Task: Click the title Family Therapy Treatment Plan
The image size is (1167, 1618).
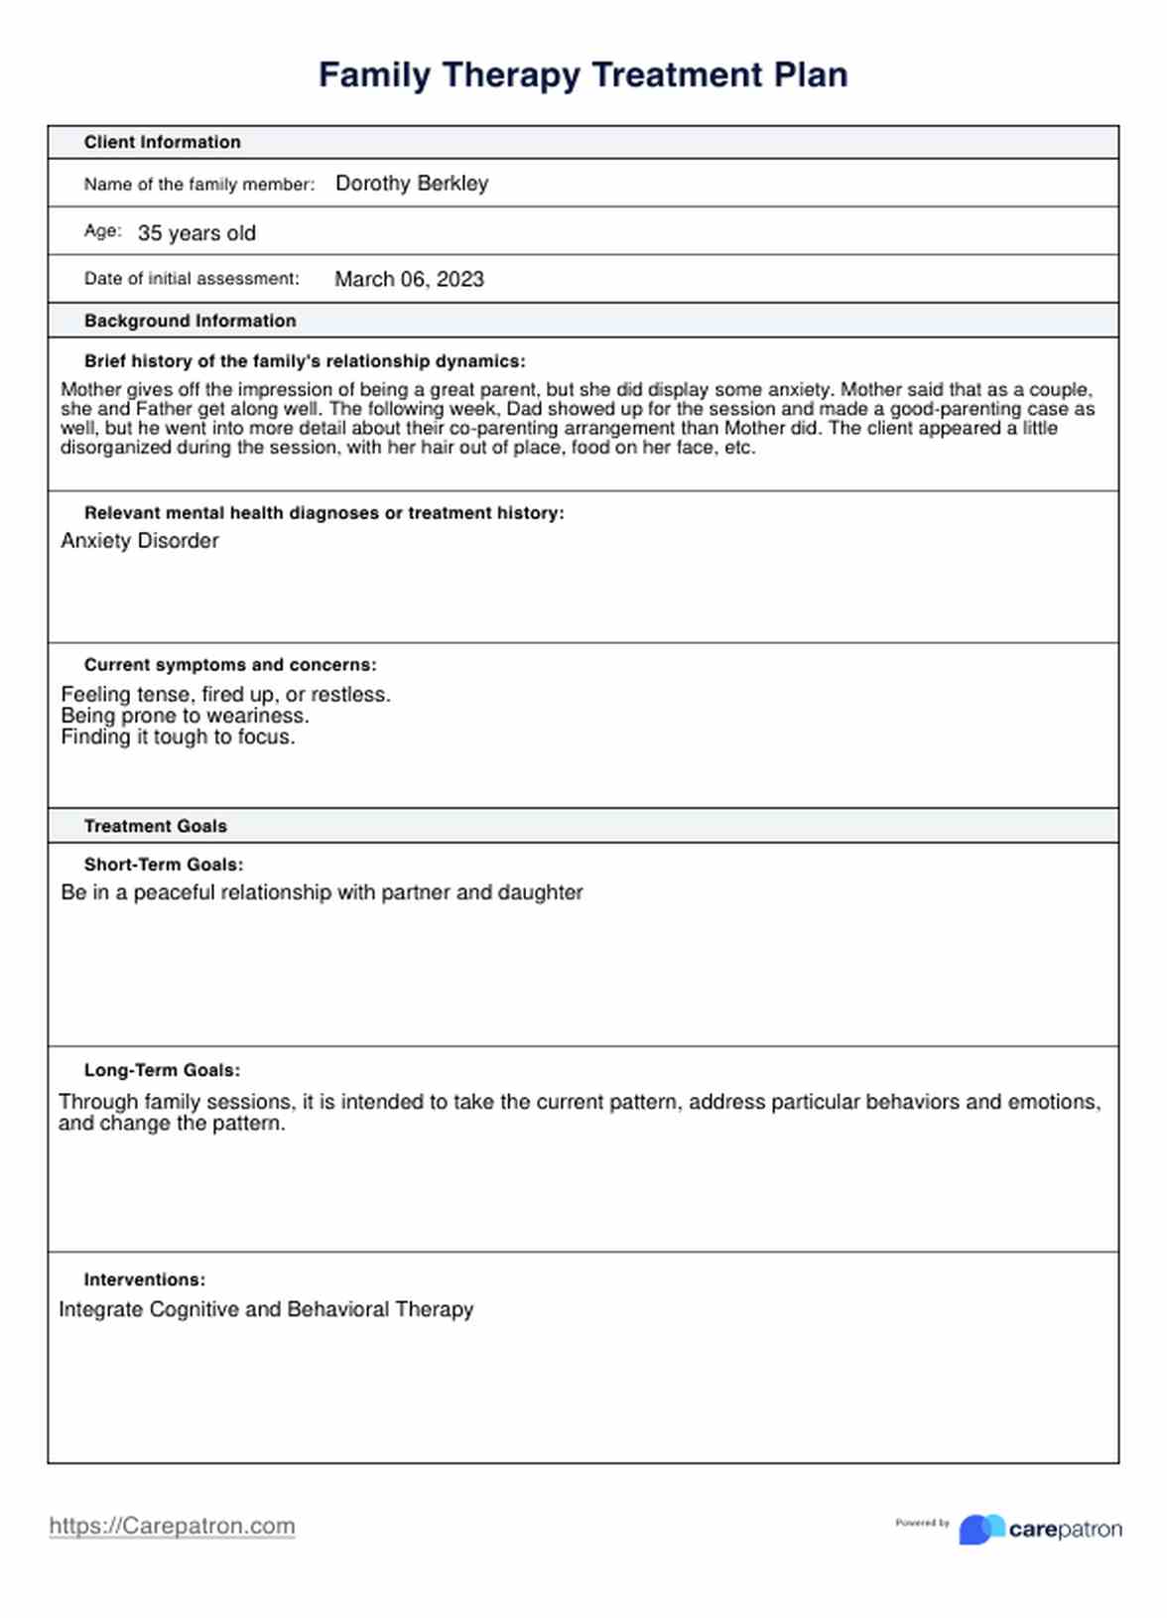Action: pos(583,75)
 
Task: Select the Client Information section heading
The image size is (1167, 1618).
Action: pos(162,142)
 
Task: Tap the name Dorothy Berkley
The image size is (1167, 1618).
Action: pos(412,184)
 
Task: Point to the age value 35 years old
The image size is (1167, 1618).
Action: pos(196,233)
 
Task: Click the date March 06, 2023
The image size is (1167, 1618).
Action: pos(409,279)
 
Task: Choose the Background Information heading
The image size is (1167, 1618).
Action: pos(190,321)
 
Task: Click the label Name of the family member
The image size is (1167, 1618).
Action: pos(198,184)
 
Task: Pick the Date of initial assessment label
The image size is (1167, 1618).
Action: pos(191,279)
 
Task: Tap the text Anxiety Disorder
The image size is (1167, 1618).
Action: pos(139,541)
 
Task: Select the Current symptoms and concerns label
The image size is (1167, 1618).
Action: pos(230,665)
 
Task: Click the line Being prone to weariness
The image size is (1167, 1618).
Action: pos(185,716)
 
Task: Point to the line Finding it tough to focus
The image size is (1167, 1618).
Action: pos(178,737)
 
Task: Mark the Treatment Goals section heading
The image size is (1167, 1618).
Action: pos(155,826)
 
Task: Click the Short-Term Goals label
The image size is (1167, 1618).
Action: pos(163,865)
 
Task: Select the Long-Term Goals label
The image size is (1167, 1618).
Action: pos(162,1070)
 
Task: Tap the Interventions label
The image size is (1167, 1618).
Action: pos(144,1280)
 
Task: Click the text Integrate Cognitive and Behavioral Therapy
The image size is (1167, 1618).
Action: pos(266,1309)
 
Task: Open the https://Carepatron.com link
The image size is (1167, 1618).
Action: pos(172,1526)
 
